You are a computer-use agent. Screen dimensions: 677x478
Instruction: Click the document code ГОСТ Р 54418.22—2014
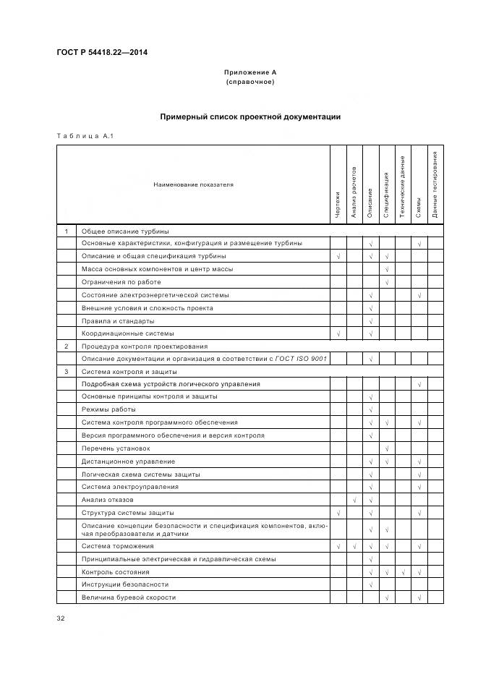(98, 52)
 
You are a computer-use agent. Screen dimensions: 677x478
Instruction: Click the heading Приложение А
(250, 72)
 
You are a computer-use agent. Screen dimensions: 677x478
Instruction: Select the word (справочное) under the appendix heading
(250, 82)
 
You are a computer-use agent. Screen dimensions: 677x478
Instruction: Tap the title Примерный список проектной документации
(250, 116)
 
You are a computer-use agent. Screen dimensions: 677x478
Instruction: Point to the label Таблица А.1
(85, 135)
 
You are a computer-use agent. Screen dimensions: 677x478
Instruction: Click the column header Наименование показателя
(193, 184)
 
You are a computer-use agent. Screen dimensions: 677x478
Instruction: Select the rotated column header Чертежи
(338, 204)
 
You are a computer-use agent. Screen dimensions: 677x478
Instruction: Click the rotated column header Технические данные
(403, 182)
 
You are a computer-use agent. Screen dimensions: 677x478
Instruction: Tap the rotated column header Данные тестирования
(435, 184)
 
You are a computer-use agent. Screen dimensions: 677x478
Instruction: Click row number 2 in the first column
(66, 346)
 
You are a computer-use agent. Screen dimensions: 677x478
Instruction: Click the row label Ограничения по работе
(121, 282)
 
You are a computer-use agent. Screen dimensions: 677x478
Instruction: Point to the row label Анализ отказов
(107, 500)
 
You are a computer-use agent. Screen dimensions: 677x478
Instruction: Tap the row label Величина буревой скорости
(128, 597)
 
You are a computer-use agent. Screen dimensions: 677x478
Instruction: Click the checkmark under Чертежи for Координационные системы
(338, 333)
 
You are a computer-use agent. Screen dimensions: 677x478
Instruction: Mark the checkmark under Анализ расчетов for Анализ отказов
(354, 500)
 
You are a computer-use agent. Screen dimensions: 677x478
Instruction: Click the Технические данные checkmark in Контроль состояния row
(403, 572)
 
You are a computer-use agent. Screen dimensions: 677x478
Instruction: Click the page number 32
(61, 618)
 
